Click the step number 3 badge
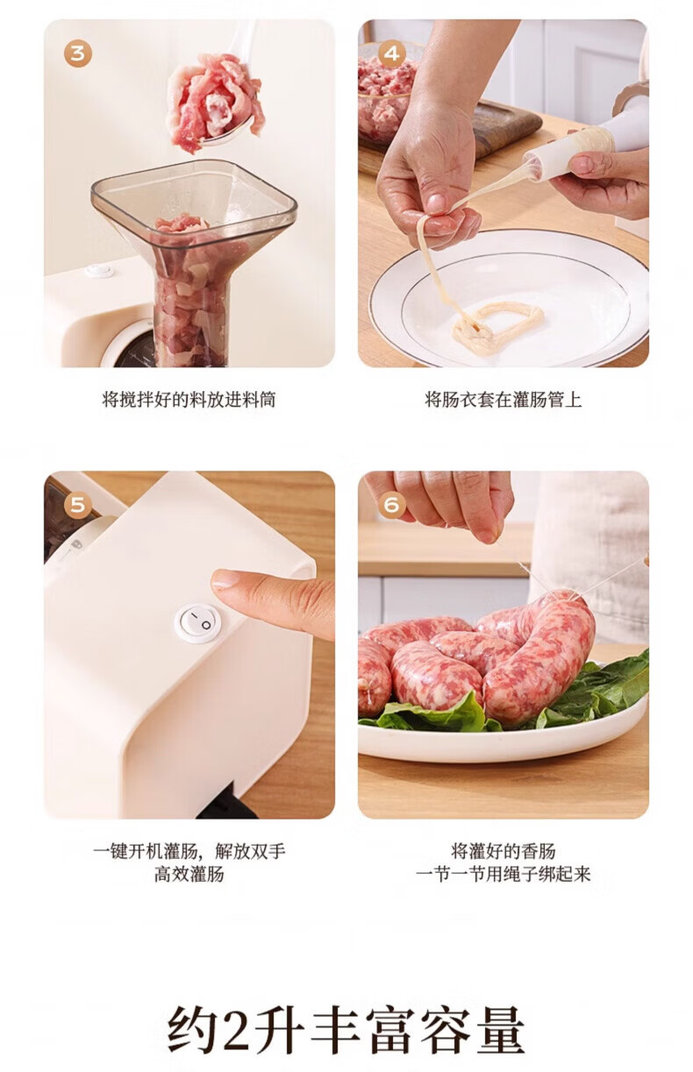[x=77, y=53]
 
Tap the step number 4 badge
[x=392, y=53]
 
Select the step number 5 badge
[x=77, y=505]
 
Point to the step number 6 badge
[x=392, y=505]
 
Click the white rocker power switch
[x=198, y=621]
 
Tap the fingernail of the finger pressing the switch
[x=225, y=579]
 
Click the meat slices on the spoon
[x=213, y=102]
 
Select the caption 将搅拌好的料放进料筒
[x=189, y=400]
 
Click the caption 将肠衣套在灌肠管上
[x=504, y=400]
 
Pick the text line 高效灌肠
[x=189, y=874]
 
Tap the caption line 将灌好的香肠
[x=504, y=851]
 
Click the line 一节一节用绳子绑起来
[x=504, y=874]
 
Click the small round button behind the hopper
[x=100, y=270]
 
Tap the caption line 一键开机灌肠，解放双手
[x=189, y=851]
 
